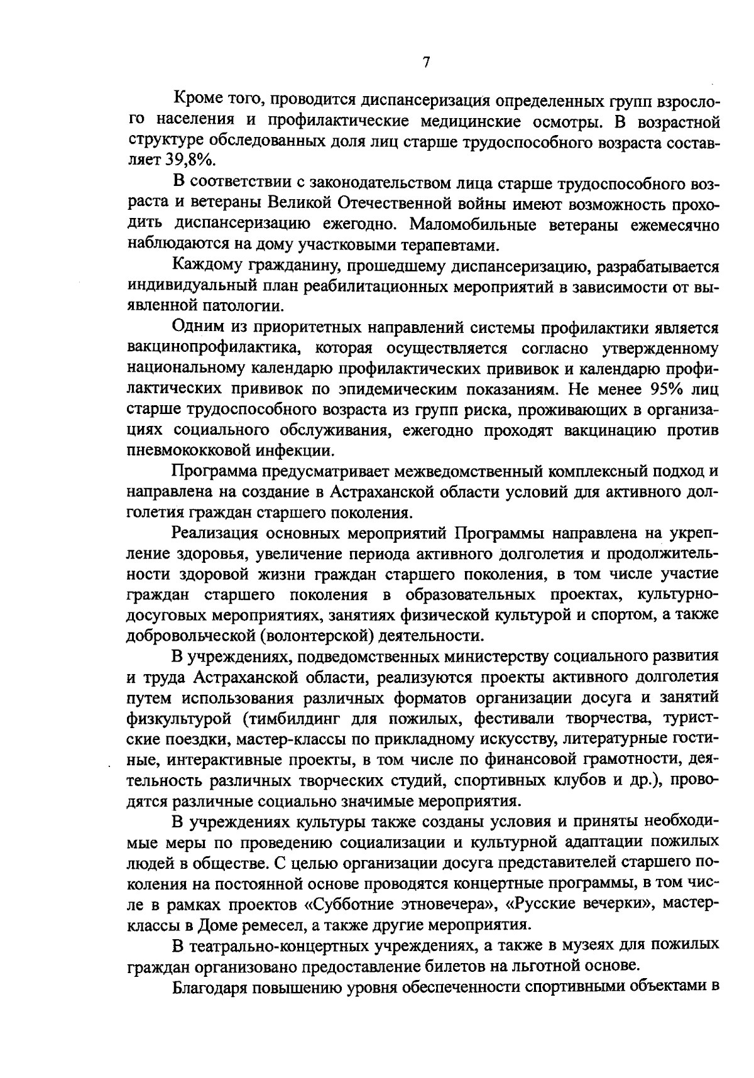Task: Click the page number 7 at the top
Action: click(427, 62)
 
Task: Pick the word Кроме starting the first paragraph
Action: click(194, 100)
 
